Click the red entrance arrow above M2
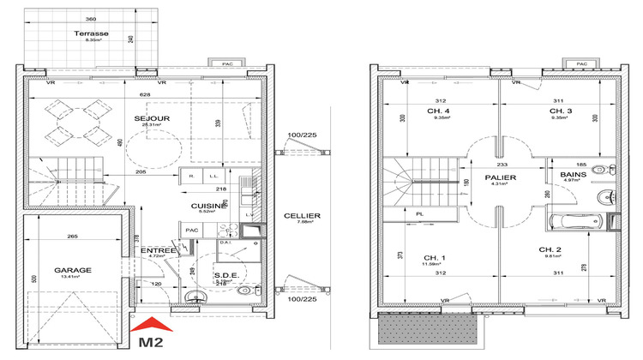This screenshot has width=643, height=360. [152, 324]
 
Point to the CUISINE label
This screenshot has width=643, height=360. [209, 206]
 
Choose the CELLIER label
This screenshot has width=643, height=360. [303, 216]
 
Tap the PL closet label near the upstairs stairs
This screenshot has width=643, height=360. [419, 215]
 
